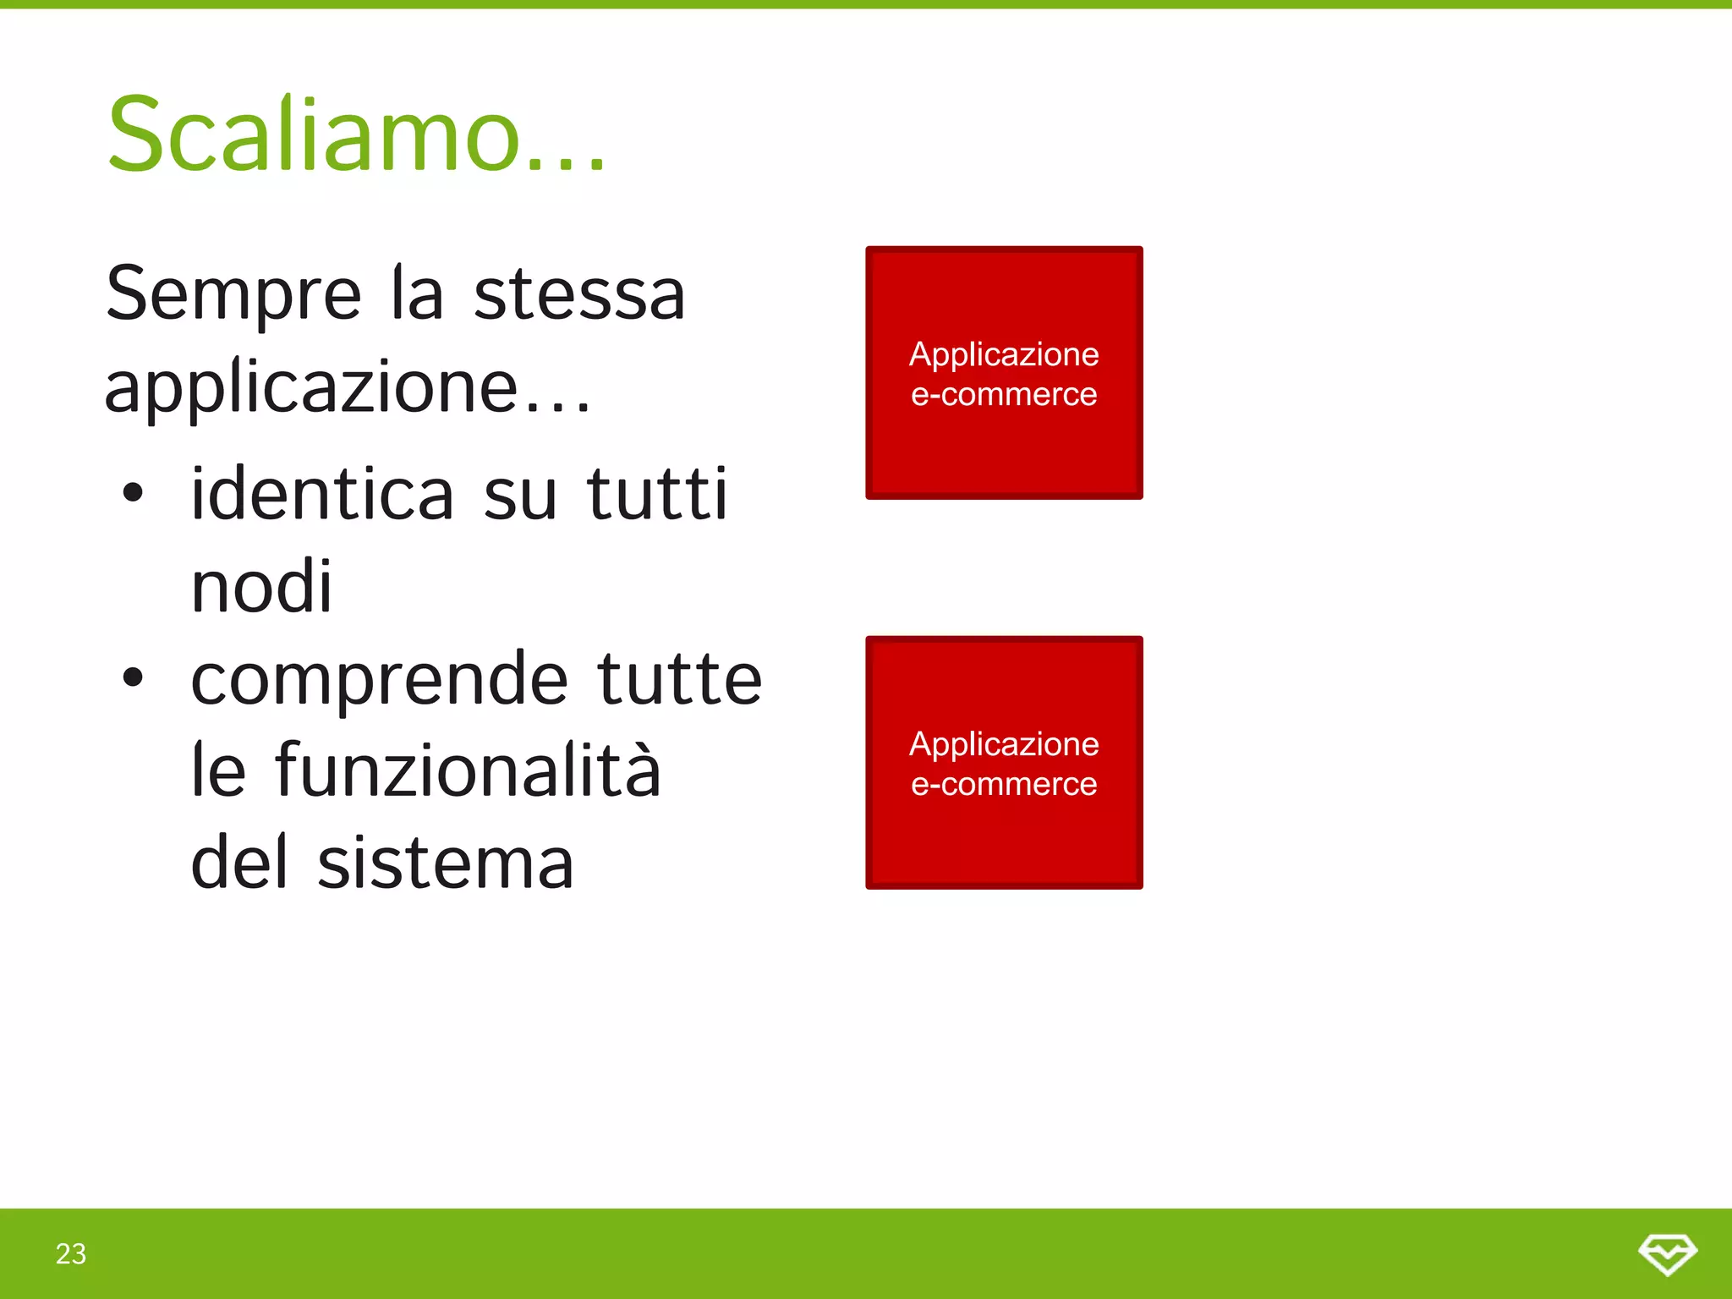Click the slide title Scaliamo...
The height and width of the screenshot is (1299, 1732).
tap(355, 135)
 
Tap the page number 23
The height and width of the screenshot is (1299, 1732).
tap(71, 1253)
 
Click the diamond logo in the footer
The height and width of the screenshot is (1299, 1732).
tap(1667, 1253)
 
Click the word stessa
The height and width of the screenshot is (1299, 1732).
tap(579, 294)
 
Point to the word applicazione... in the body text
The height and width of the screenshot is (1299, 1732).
tap(347, 387)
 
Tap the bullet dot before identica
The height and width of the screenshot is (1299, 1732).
tap(133, 493)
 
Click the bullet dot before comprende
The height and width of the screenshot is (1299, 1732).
tap(133, 677)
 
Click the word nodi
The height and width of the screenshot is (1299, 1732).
tap(262, 586)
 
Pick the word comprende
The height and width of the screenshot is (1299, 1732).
tap(380, 679)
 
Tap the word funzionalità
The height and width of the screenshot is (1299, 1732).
tap(468, 770)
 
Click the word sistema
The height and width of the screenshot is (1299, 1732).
tap(446, 863)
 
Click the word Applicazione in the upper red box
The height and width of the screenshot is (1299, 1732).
tap(1004, 354)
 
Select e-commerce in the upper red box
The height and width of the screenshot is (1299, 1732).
tap(1004, 394)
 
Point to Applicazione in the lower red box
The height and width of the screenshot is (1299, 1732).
tap(1004, 744)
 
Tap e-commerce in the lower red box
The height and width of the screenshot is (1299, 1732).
tap(1004, 784)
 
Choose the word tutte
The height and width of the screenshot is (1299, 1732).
tap(680, 678)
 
